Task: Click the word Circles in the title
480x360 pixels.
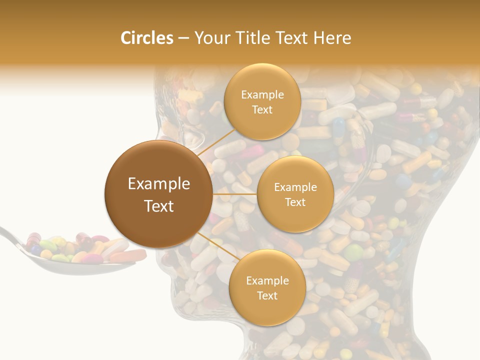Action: pyautogui.click(x=146, y=38)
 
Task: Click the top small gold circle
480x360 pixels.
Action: pyautogui.click(x=262, y=101)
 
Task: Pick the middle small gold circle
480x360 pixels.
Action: pyautogui.click(x=295, y=194)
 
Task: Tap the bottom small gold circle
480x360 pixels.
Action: pyautogui.click(x=267, y=287)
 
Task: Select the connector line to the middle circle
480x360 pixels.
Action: pyautogui.click(x=235, y=194)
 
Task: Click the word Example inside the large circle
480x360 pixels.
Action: pyautogui.click(x=159, y=184)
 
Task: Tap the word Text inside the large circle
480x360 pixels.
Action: pyautogui.click(x=159, y=206)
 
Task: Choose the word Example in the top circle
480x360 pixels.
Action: pyautogui.click(x=262, y=94)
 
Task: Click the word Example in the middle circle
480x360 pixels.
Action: pyautogui.click(x=295, y=187)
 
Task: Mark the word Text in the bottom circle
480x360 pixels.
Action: pyautogui.click(x=267, y=295)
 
